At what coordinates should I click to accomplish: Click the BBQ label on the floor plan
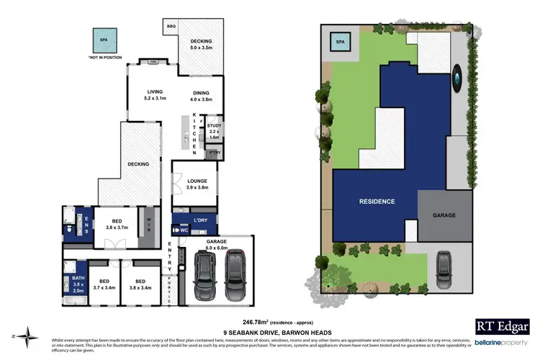pos(171,26)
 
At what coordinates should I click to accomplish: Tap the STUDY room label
pos(215,125)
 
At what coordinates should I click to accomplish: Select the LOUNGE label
pos(197,181)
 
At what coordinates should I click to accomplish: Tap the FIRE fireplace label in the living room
pos(153,63)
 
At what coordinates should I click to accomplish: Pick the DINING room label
pos(202,92)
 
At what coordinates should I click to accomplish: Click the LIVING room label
pos(155,92)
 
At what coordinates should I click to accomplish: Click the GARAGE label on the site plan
pos(444,215)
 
